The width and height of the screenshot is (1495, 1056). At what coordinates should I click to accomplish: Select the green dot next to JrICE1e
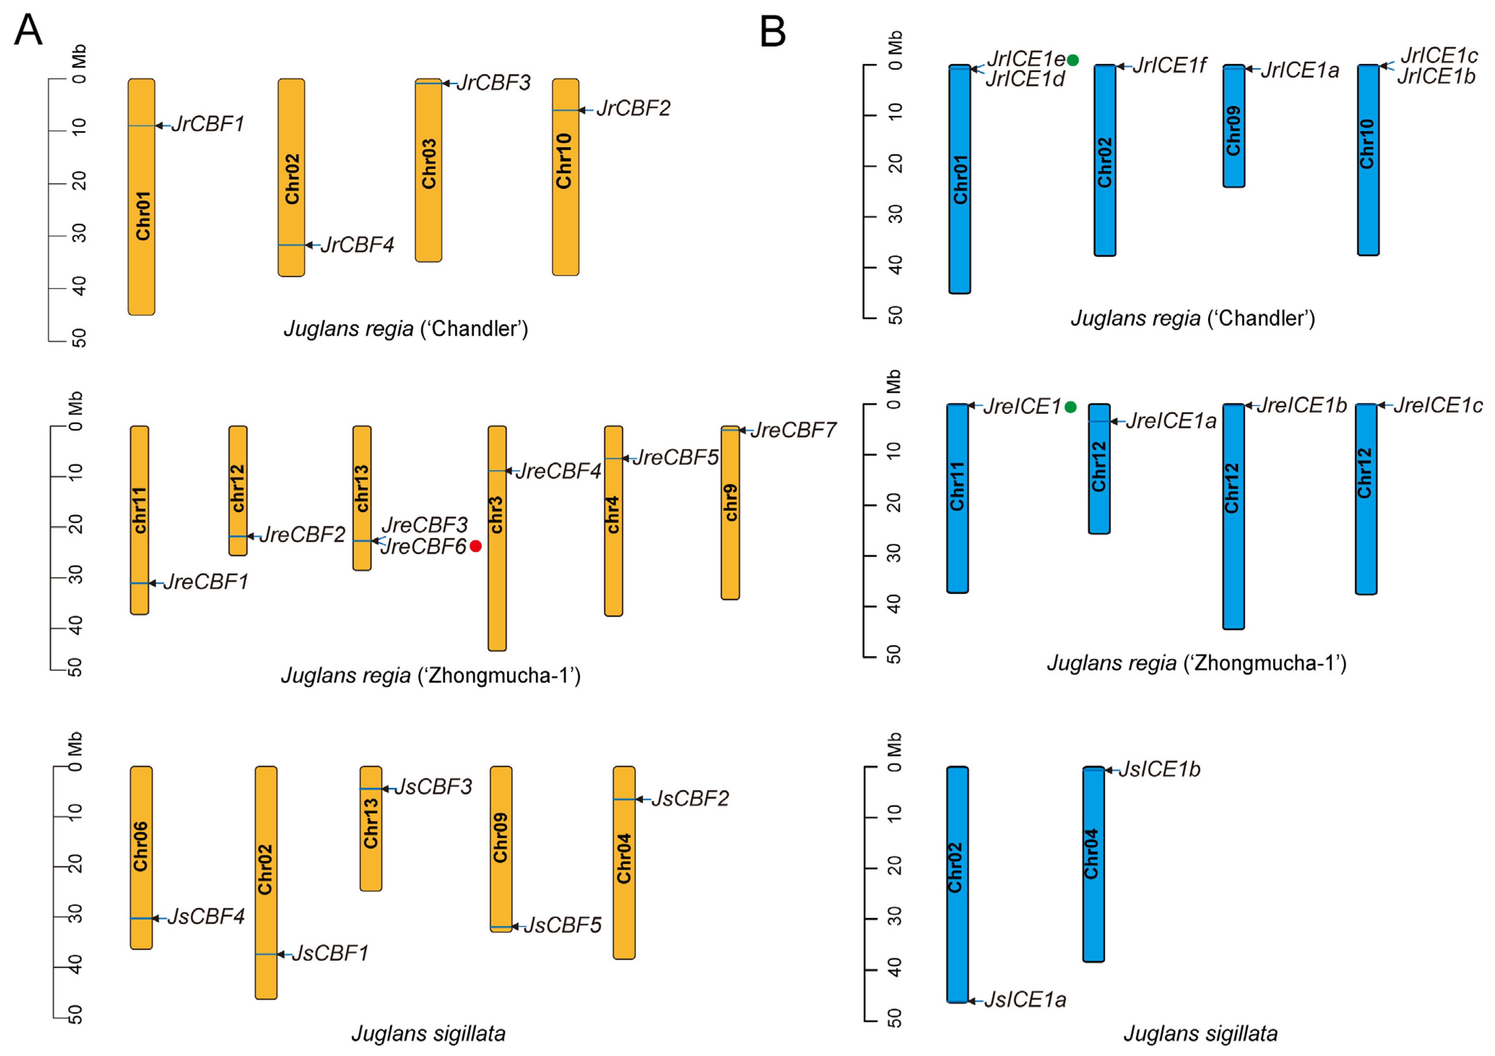coord(1073,60)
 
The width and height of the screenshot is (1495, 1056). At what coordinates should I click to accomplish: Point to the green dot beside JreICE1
coord(1071,407)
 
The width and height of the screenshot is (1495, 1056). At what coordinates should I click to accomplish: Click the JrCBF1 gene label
coord(208,124)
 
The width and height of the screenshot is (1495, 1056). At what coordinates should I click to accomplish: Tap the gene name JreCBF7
coord(793,430)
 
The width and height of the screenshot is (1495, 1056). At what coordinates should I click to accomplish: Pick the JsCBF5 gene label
coord(563,925)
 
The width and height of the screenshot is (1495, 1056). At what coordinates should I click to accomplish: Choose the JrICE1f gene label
coord(1170,66)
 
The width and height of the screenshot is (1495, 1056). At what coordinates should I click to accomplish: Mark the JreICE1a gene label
coord(1171,421)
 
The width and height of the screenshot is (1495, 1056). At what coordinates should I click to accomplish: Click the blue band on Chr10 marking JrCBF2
coord(565,110)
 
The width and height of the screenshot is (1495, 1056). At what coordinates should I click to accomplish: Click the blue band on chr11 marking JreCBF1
coord(139,583)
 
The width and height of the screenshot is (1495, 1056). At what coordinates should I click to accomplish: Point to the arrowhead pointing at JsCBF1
coord(281,954)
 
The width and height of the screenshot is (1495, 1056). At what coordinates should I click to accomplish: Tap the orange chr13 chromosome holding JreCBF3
coord(362,498)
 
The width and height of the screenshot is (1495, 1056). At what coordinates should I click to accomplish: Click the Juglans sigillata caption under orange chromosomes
coord(428,1033)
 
